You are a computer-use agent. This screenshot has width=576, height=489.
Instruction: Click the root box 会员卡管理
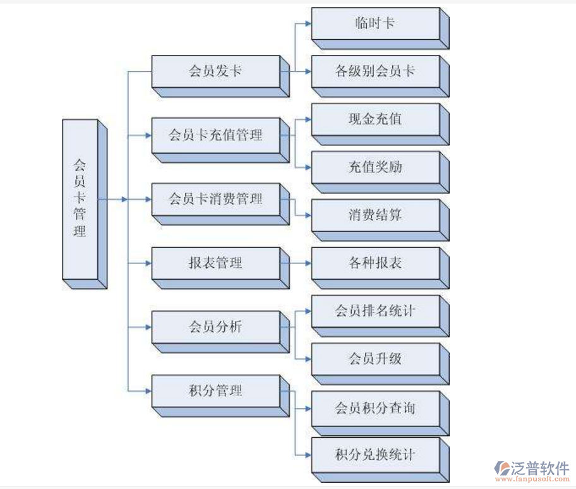[80, 198]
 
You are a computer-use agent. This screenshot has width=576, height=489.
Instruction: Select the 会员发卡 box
[215, 71]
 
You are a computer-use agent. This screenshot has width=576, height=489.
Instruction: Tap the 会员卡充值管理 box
[215, 135]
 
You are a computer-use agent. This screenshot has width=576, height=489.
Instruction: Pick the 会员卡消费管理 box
[215, 199]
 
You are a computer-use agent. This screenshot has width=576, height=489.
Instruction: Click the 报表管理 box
[215, 263]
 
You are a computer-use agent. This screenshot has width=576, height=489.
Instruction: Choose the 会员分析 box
[215, 327]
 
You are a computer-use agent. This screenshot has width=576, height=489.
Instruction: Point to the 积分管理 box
[215, 391]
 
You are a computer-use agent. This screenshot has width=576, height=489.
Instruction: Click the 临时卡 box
[375, 24]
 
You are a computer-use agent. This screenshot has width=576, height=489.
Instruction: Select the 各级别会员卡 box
[375, 71]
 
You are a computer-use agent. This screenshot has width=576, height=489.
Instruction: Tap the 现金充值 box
[375, 119]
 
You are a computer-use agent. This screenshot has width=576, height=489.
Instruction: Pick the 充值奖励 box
[375, 167]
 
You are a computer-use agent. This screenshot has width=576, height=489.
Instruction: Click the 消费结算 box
[375, 215]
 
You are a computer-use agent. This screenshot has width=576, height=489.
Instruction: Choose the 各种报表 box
[375, 263]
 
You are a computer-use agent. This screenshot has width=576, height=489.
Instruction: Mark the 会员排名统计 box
[375, 311]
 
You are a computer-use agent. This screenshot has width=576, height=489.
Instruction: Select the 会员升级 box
[375, 359]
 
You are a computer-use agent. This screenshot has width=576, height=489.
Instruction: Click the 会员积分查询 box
[375, 407]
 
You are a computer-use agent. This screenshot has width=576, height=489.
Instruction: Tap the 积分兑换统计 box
[375, 454]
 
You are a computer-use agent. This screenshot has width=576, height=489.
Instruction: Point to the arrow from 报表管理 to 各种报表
[296, 263]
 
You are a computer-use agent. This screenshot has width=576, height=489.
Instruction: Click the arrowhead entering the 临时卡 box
[308, 24]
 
